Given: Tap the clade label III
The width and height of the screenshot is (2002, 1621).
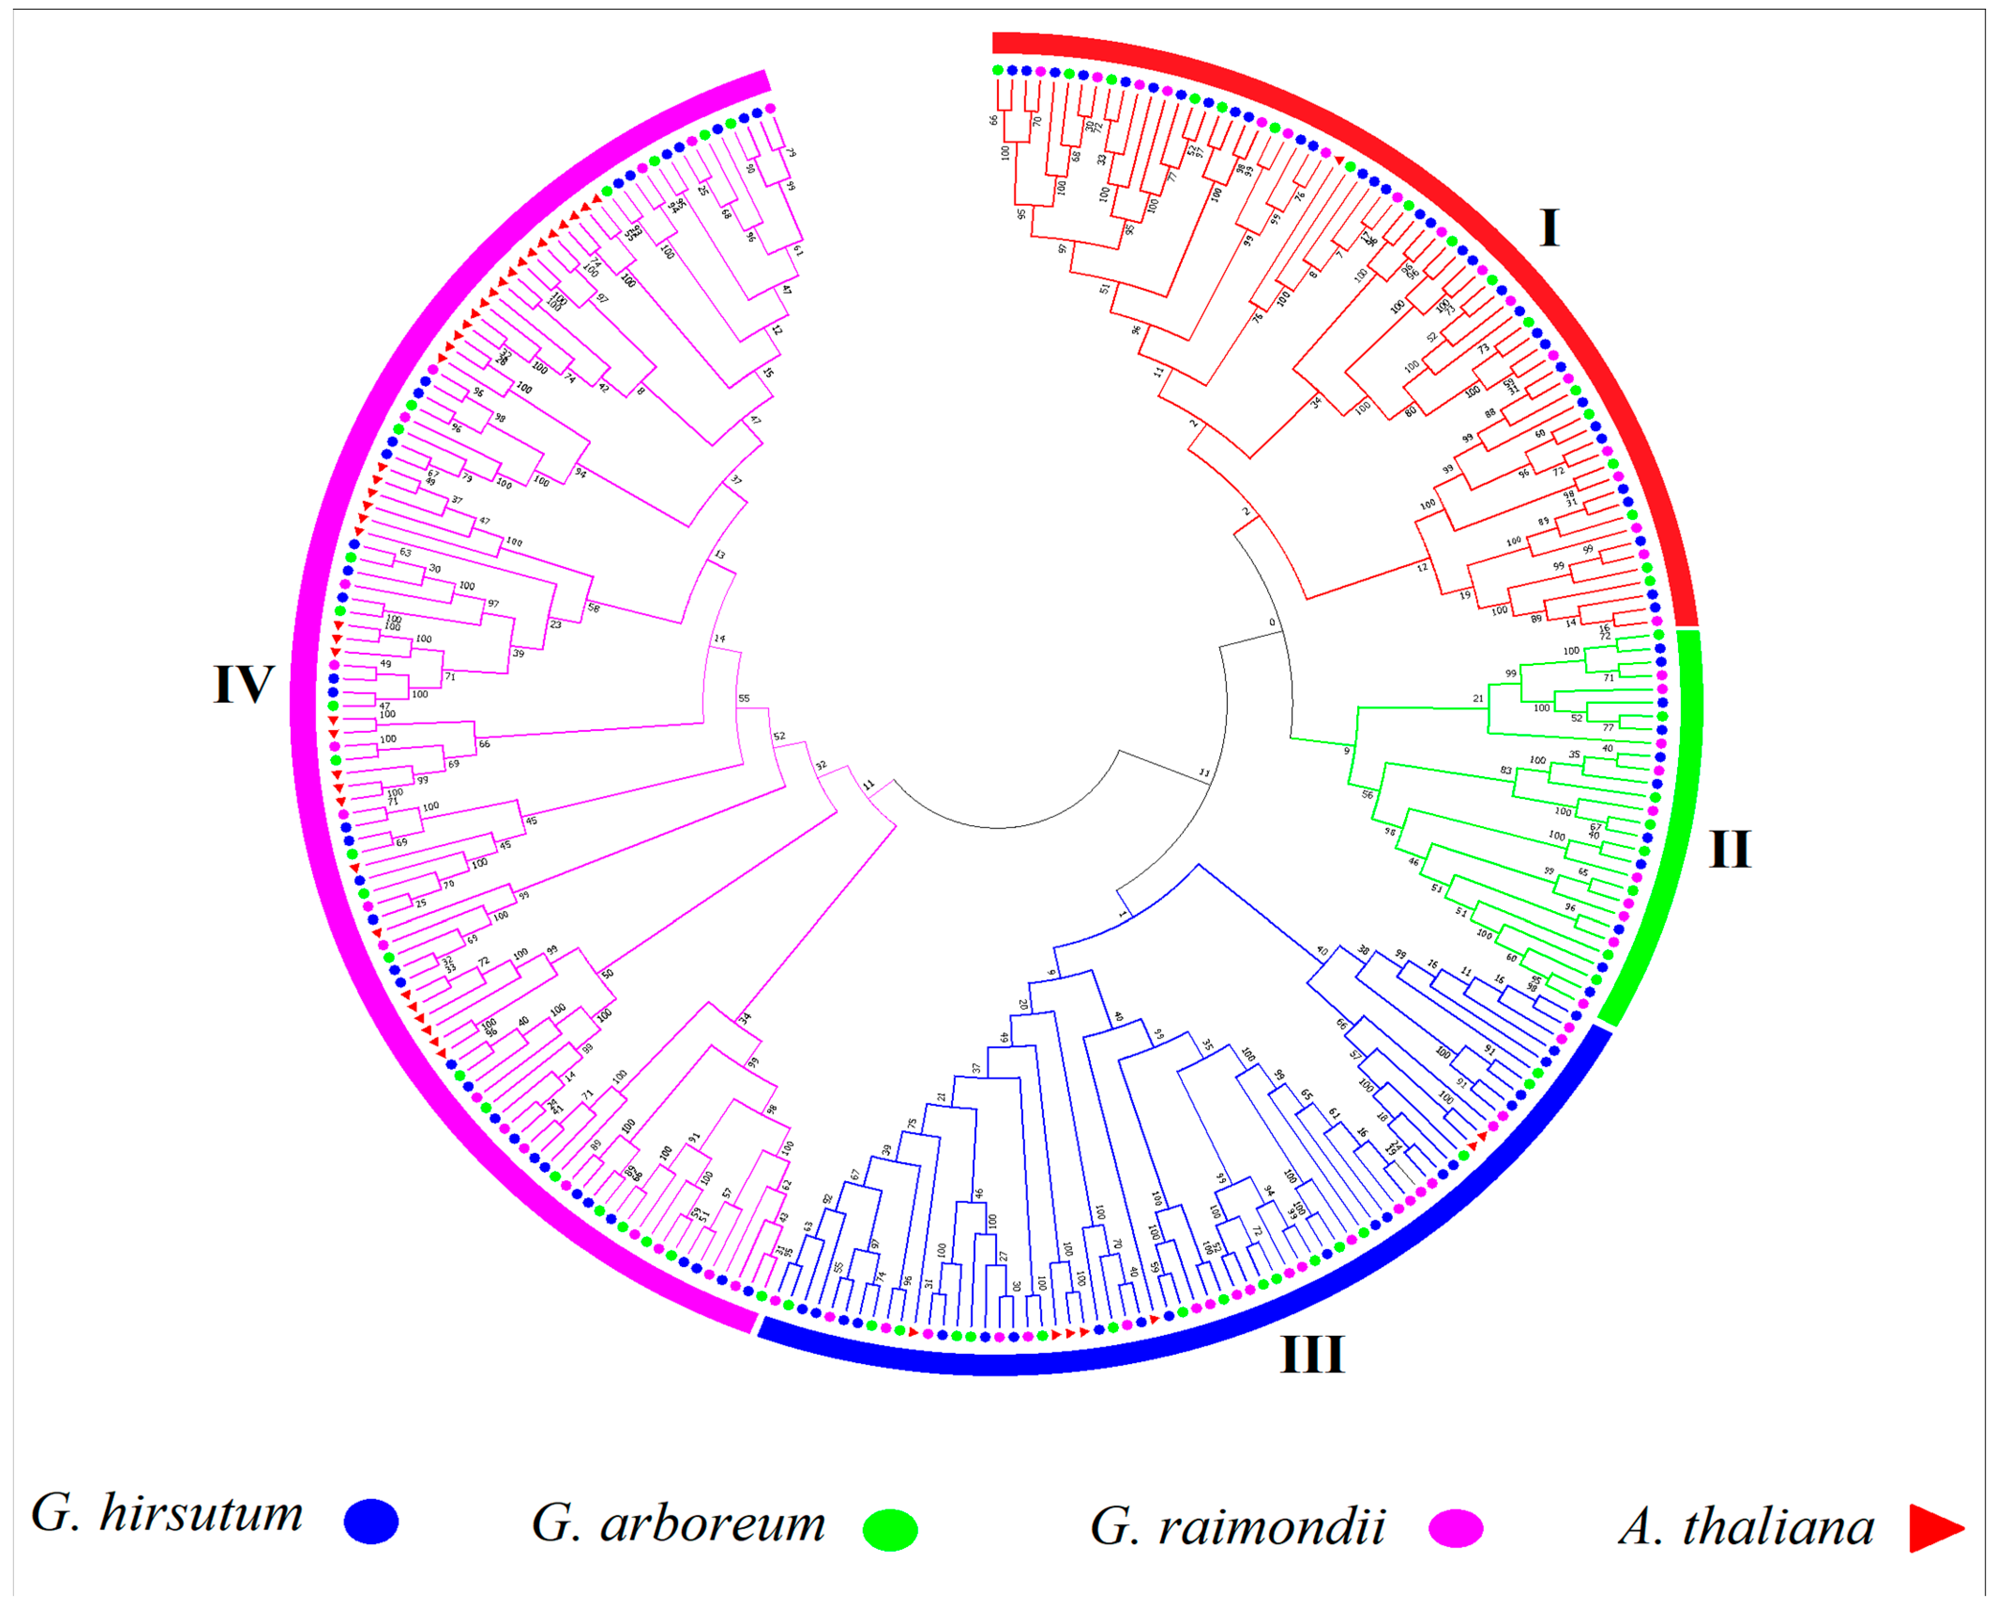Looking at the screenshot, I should [x=1312, y=1355].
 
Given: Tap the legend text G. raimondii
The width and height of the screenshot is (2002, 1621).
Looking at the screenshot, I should [x=1237, y=1527].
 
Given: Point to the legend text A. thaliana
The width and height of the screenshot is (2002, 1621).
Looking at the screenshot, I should [x=1746, y=1528].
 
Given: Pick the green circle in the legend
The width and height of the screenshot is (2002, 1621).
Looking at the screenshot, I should [x=890, y=1530].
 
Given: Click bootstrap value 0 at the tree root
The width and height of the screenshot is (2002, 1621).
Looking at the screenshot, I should [x=1272, y=623].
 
